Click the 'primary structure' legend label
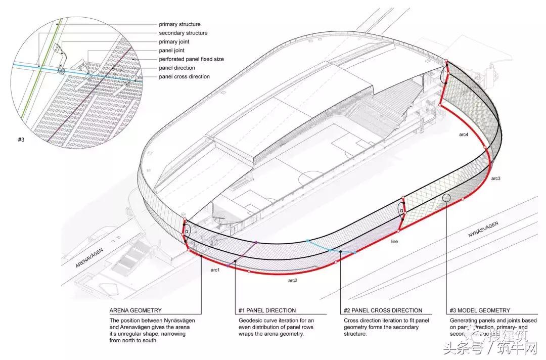[x=179, y=24]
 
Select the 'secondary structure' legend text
[x=183, y=33]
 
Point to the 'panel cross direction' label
[x=184, y=77]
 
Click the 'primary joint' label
[x=174, y=42]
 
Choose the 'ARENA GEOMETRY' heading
[x=135, y=310]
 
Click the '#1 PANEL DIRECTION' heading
[x=267, y=310]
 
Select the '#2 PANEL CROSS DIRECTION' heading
[x=383, y=310]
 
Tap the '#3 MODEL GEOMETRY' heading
[x=480, y=310]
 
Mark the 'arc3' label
[x=495, y=178]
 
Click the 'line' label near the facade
[x=394, y=242]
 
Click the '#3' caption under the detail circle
[x=21, y=139]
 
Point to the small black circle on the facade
[x=447, y=198]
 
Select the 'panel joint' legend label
[x=171, y=51]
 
